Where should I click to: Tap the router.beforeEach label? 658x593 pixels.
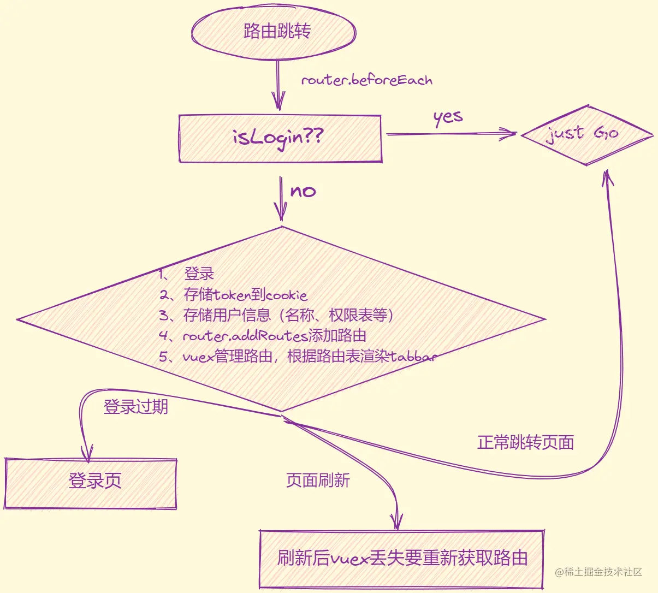pos(366,80)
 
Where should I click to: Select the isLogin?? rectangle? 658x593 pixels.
pos(280,138)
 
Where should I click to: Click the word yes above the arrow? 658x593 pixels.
pos(448,117)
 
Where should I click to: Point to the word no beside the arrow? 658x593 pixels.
pos(303,191)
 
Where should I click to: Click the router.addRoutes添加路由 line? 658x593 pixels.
pos(263,335)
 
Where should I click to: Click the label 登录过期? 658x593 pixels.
pos(135,407)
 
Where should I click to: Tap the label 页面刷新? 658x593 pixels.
pos(318,481)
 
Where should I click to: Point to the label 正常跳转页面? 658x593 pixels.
pos(525,442)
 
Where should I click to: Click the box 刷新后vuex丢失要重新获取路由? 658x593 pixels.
pos(402,559)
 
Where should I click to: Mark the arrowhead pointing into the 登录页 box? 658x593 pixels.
pos(86,453)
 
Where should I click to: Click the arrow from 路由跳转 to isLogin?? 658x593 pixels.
pos(278,85)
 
